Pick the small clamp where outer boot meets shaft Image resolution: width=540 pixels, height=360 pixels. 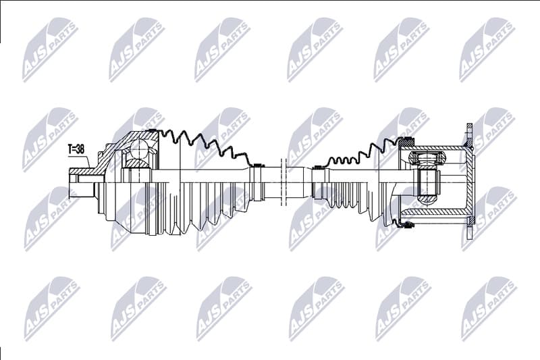click(255, 164)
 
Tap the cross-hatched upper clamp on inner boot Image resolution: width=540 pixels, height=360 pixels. click(406, 143)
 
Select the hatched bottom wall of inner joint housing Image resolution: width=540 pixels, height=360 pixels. click(439, 214)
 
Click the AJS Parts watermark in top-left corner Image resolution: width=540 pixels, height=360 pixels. click(51, 49)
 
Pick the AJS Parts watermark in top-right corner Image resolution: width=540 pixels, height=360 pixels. click(487, 49)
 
